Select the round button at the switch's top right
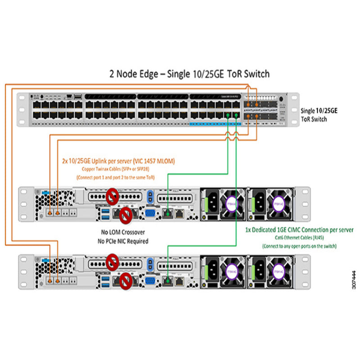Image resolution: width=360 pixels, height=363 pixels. (x=281, y=99)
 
